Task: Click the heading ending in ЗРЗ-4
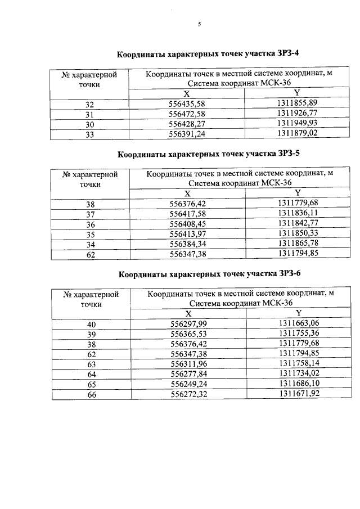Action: pyautogui.click(x=208, y=55)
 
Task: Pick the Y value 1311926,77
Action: pyautogui.click(x=298, y=114)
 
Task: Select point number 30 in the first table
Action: pyautogui.click(x=90, y=124)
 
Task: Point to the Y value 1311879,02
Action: pyautogui.click(x=298, y=134)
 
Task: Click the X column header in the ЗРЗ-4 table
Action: pyautogui.click(x=187, y=94)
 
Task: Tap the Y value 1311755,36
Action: pyautogui.click(x=299, y=334)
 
